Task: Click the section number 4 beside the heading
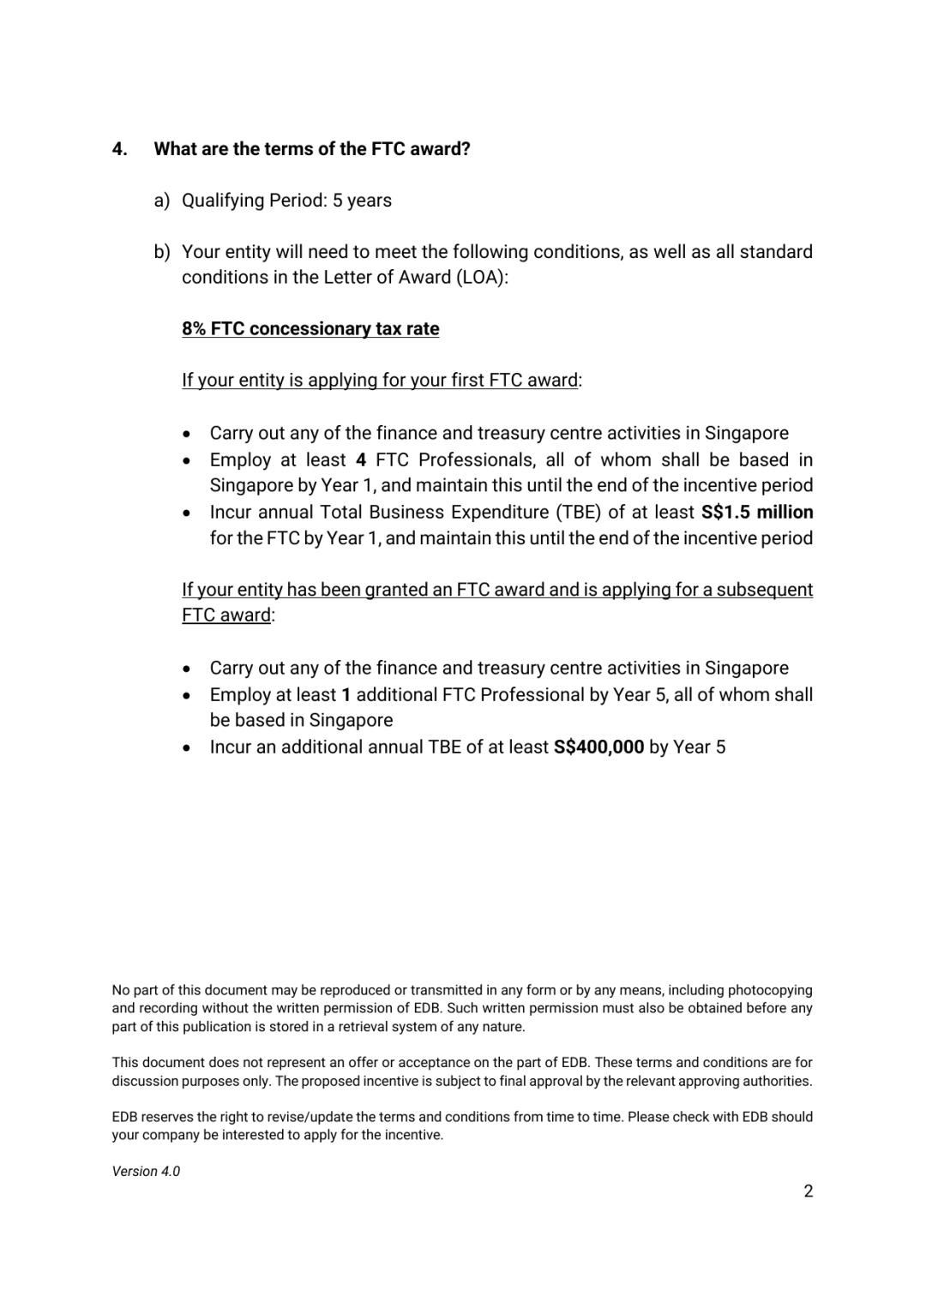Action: [x=119, y=149]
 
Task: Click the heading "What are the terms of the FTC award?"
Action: [x=312, y=149]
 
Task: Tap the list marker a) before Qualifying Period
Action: [x=161, y=201]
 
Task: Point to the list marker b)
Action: [x=161, y=252]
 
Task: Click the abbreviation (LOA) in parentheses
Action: [x=479, y=278]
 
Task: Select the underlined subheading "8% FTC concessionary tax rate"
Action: [x=310, y=329]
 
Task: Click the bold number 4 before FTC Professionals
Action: [x=361, y=460]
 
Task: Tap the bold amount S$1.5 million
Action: [x=757, y=513]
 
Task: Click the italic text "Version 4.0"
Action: [x=146, y=1172]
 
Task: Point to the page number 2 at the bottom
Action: [x=808, y=1191]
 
